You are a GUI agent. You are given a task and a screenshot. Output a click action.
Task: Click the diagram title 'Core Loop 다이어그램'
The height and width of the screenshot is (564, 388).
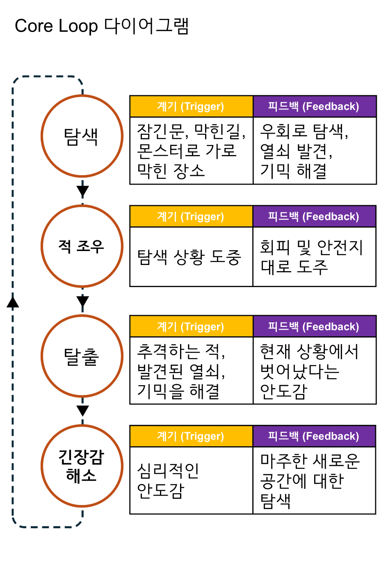tap(102, 26)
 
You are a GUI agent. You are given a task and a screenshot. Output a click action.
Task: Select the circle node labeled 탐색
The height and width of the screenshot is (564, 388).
tap(82, 136)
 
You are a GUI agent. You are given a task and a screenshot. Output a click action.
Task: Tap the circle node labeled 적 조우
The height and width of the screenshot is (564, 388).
tap(82, 246)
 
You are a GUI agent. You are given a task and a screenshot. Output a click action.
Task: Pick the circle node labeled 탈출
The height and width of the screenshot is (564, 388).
tap(82, 356)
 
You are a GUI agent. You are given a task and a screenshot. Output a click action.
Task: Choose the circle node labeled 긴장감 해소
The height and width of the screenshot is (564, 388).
tap(82, 466)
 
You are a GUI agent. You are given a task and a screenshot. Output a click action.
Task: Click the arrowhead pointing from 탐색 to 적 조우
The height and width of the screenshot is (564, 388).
tap(82, 191)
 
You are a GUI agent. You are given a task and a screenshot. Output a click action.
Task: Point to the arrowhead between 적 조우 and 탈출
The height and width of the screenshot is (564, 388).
tap(82, 301)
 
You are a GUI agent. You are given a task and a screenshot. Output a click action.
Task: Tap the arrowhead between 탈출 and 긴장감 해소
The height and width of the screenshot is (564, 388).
tap(82, 411)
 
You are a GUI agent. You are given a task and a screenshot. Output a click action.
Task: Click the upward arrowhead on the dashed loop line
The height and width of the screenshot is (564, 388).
tap(13, 302)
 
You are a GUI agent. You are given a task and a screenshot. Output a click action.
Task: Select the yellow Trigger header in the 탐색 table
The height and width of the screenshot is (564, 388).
tap(191, 107)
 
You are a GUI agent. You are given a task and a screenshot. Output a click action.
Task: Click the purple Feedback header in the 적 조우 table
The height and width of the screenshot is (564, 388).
tap(314, 217)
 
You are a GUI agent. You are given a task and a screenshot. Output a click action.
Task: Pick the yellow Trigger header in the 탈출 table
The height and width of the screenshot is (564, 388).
tap(191, 327)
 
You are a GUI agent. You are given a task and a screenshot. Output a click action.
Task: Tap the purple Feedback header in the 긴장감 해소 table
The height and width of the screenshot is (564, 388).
tap(314, 436)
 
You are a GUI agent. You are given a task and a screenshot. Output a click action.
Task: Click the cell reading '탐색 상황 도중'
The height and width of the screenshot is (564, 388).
tap(191, 257)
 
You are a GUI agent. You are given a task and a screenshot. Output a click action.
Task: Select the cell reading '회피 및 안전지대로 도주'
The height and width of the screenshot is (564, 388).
tap(314, 257)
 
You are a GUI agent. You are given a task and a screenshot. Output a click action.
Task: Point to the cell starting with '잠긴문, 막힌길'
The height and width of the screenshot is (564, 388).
tap(191, 151)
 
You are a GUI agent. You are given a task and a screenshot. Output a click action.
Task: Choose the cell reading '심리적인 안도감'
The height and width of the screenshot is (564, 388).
tap(191, 480)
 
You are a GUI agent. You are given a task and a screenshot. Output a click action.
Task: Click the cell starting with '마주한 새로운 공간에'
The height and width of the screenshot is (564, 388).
tap(314, 480)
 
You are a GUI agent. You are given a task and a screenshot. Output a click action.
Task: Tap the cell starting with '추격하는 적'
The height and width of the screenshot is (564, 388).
tap(191, 370)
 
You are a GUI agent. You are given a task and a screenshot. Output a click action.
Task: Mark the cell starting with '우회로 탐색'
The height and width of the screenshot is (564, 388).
tap(314, 151)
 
